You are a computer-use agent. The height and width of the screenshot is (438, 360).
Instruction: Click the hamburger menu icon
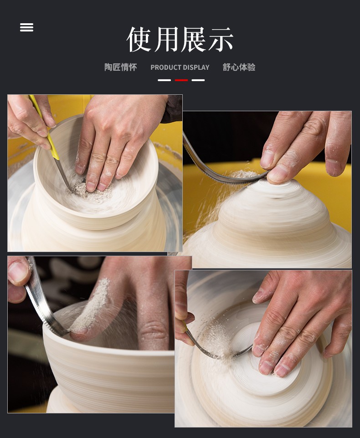click(x=26, y=27)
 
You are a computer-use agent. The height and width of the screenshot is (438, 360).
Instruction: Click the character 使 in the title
click(x=139, y=39)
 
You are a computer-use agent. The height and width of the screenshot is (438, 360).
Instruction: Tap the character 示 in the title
click(x=221, y=39)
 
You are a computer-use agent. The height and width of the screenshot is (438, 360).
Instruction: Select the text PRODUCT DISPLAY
click(x=180, y=67)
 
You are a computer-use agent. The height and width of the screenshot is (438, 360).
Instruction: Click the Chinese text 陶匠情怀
click(x=121, y=67)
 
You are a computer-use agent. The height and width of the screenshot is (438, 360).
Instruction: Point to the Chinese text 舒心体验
click(x=239, y=67)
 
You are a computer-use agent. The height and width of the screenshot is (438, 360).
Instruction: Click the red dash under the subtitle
click(x=181, y=80)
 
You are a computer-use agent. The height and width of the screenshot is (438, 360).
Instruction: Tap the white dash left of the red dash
click(x=164, y=80)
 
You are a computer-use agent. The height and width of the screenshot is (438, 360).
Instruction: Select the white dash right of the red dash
click(x=198, y=80)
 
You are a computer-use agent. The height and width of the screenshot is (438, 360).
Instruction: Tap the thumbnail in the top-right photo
click(x=267, y=159)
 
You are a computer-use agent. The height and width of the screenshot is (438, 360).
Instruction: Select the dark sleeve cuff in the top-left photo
click(x=172, y=108)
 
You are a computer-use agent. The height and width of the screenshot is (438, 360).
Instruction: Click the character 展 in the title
click(x=194, y=39)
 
